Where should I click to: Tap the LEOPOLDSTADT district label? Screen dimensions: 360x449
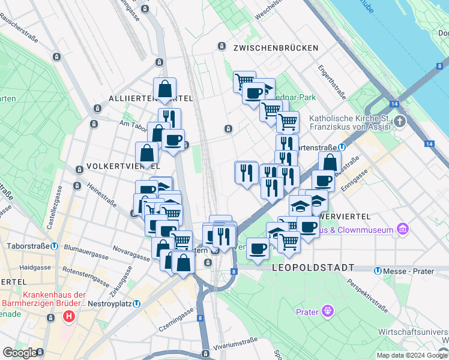click(x=313, y=267)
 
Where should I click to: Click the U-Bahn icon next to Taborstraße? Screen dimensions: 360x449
click(x=54, y=246)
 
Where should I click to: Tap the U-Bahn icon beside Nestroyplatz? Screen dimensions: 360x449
click(x=137, y=304)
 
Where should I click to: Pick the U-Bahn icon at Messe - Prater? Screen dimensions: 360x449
click(x=377, y=271)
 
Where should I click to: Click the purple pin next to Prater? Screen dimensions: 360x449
click(x=327, y=311)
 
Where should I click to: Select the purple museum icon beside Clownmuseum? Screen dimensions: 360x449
click(x=403, y=229)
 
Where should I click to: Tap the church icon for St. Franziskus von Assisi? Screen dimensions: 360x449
click(x=400, y=122)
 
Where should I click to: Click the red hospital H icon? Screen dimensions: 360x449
click(x=70, y=316)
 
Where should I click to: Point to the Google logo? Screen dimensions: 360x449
click(x=20, y=353)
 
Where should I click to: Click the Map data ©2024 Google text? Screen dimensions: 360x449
click(x=411, y=355)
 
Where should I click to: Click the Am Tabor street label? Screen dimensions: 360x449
click(x=133, y=124)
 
